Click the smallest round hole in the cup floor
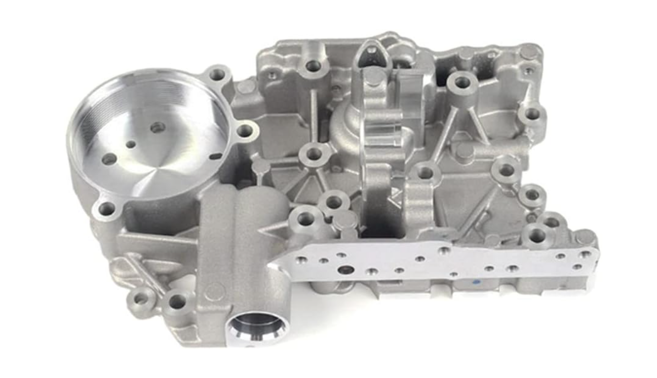[131, 144]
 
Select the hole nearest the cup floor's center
[157, 127]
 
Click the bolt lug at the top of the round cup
[217, 74]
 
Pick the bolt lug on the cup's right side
[245, 130]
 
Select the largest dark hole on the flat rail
[346, 269]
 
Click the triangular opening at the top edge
[371, 55]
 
